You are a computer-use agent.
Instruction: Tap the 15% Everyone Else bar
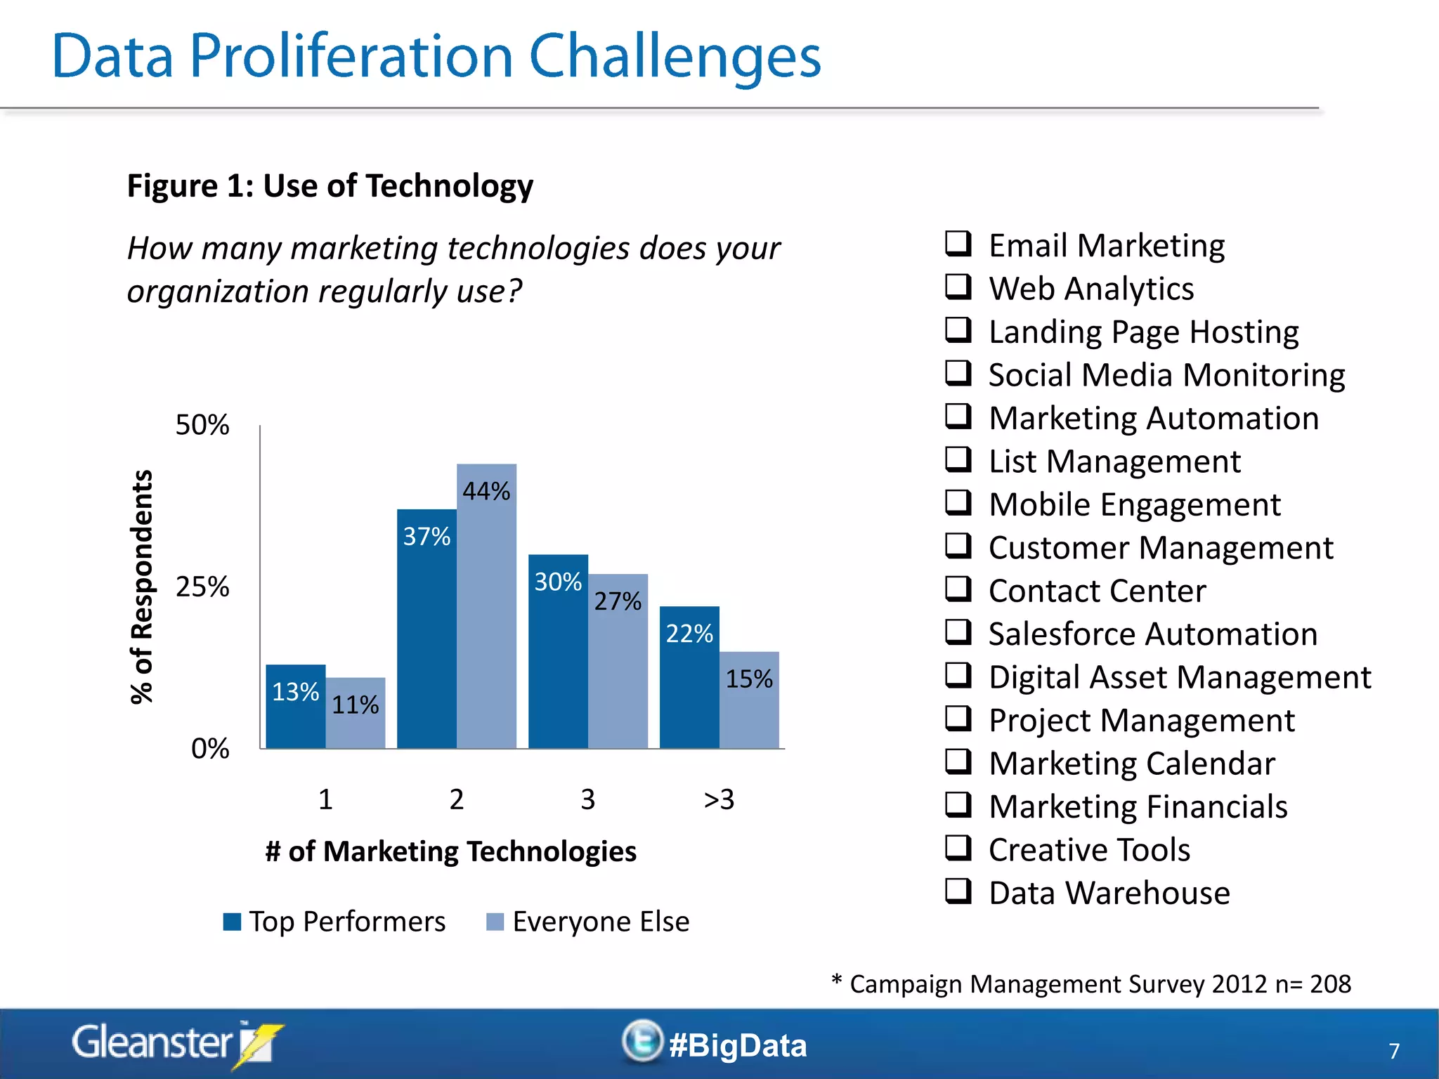coord(749,702)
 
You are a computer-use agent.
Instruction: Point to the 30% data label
coord(558,582)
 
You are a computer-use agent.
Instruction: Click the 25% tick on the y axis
coord(202,587)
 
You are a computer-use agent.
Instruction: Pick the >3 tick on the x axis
coord(719,799)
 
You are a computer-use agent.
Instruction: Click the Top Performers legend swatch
coord(232,922)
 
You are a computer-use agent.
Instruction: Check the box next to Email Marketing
coord(958,244)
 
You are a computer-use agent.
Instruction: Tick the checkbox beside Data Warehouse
coord(958,891)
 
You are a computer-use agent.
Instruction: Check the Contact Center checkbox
coord(958,589)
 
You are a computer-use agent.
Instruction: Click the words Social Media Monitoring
coord(1166,375)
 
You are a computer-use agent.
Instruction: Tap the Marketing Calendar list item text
coord(1131,764)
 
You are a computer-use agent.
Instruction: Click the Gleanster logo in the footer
coord(176,1043)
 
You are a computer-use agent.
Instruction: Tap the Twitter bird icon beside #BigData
coord(642,1041)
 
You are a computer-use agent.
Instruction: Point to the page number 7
coord(1394,1051)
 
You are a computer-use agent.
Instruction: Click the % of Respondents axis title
coord(142,587)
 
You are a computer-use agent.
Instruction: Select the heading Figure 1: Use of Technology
coord(330,186)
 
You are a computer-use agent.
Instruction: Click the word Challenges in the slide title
coord(675,56)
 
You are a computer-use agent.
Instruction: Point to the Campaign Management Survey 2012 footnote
coord(1091,984)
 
